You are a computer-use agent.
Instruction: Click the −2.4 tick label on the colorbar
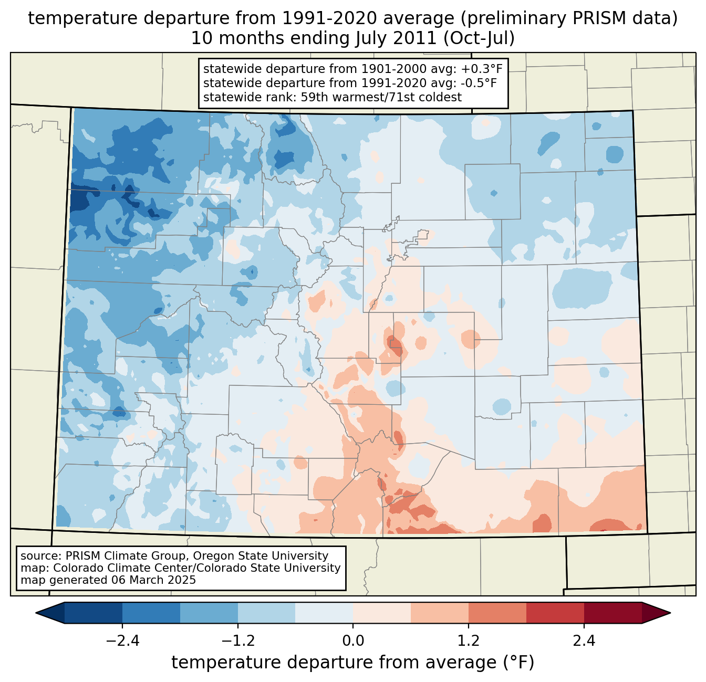coord(122,641)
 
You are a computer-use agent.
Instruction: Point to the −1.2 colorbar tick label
coord(237,641)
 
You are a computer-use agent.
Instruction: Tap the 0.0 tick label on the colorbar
coord(353,641)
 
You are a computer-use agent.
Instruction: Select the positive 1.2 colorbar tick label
coord(469,641)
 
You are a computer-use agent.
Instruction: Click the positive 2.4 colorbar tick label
coord(584,641)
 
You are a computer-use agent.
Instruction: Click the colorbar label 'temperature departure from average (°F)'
coord(353,663)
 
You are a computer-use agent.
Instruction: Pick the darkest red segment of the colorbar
coord(612,613)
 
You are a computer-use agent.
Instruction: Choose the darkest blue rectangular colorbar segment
coord(94,613)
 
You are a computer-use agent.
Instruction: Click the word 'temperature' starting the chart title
coord(68,19)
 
